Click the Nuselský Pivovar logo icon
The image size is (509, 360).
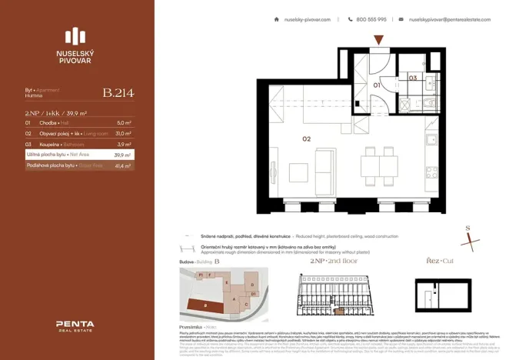(76, 35)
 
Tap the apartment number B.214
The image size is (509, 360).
(118, 94)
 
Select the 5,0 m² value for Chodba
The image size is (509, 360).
(124, 122)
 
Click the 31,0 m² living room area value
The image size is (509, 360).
(123, 133)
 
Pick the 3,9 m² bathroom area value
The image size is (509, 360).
(124, 144)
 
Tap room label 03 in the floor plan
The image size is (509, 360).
(413, 78)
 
